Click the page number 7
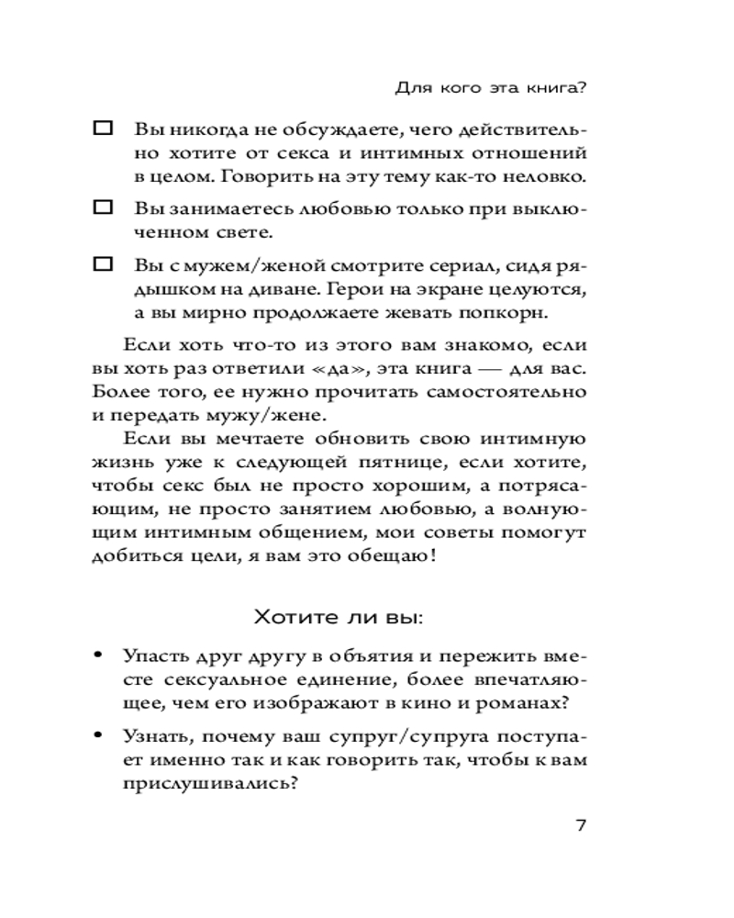click(580, 823)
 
